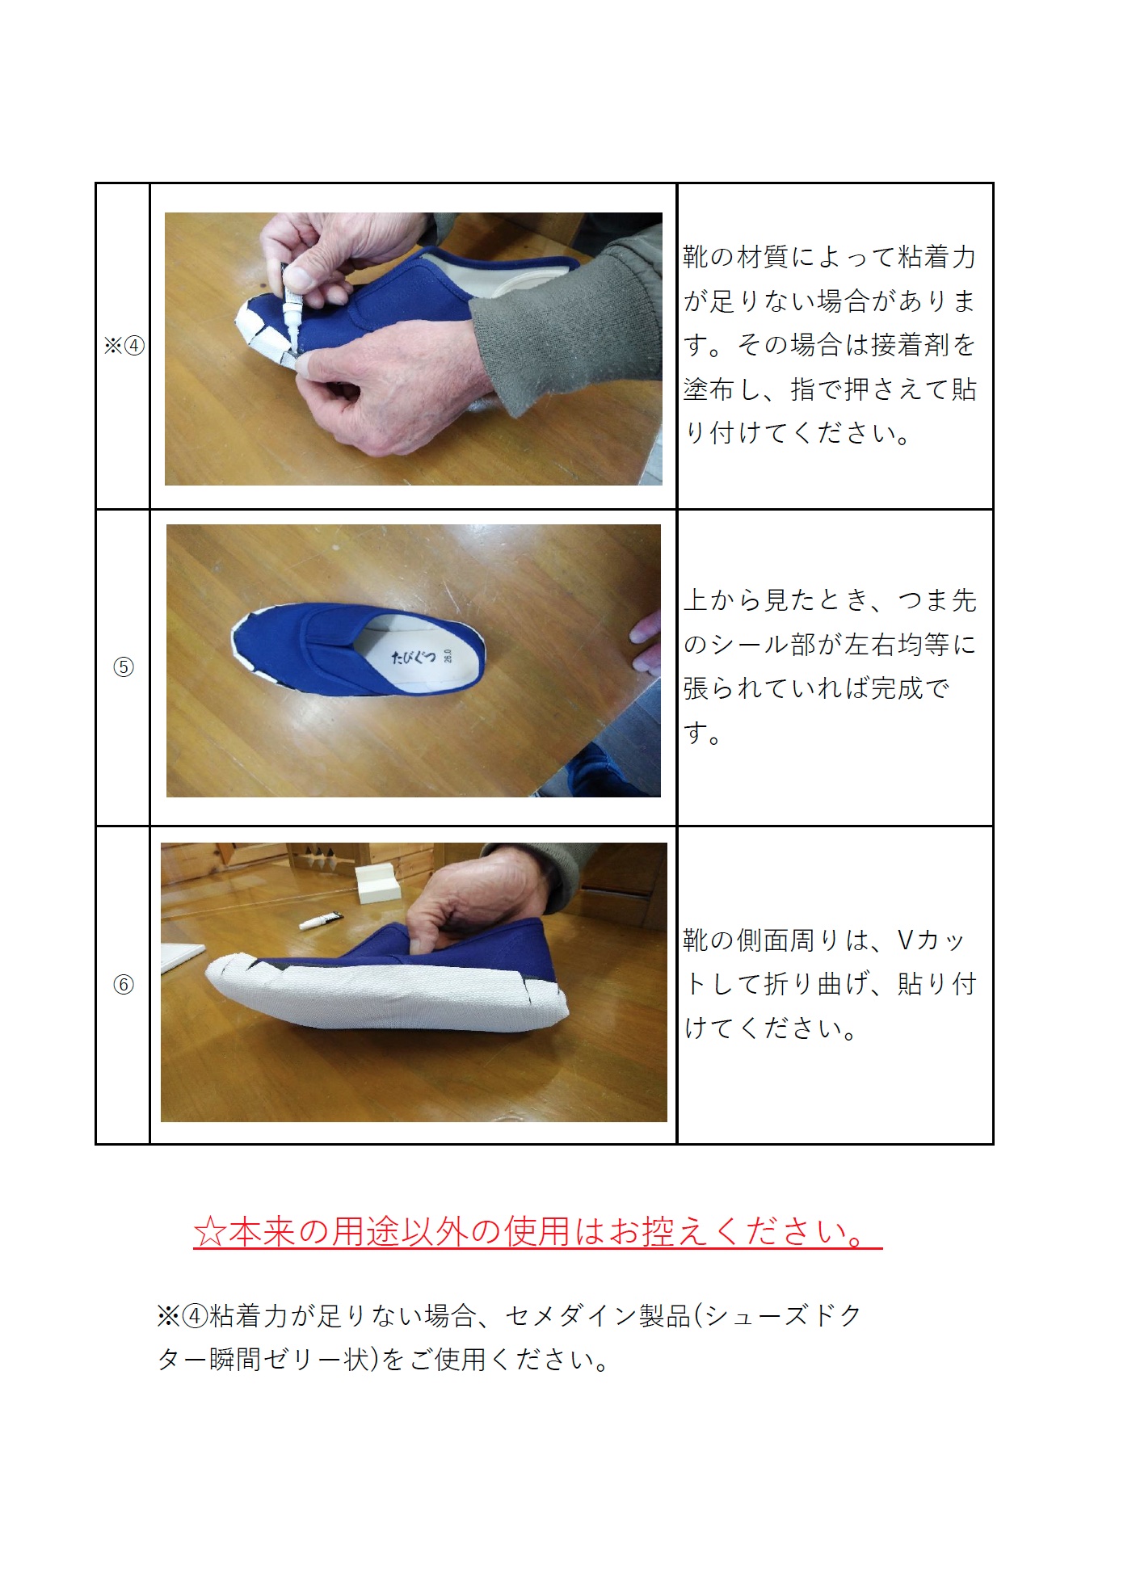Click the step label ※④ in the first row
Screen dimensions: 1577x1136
point(124,346)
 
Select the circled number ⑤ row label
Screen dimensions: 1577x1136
point(124,667)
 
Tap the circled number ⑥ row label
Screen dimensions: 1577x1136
point(124,985)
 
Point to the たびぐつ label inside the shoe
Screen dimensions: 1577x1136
point(414,657)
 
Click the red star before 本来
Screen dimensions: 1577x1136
point(210,1232)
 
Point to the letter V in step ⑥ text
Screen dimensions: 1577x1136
point(906,940)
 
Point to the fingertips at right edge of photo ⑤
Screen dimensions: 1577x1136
point(647,642)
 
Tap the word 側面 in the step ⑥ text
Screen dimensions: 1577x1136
point(763,940)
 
